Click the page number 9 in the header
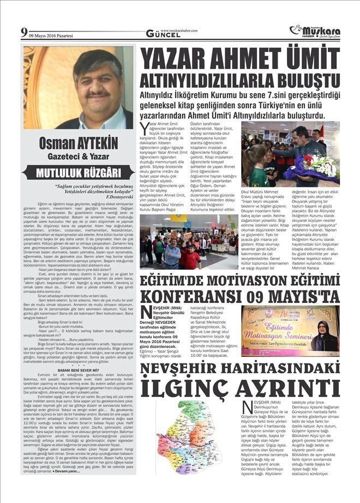24,32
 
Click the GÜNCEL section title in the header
163,34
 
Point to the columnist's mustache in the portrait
98,94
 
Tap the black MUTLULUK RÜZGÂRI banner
79,173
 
